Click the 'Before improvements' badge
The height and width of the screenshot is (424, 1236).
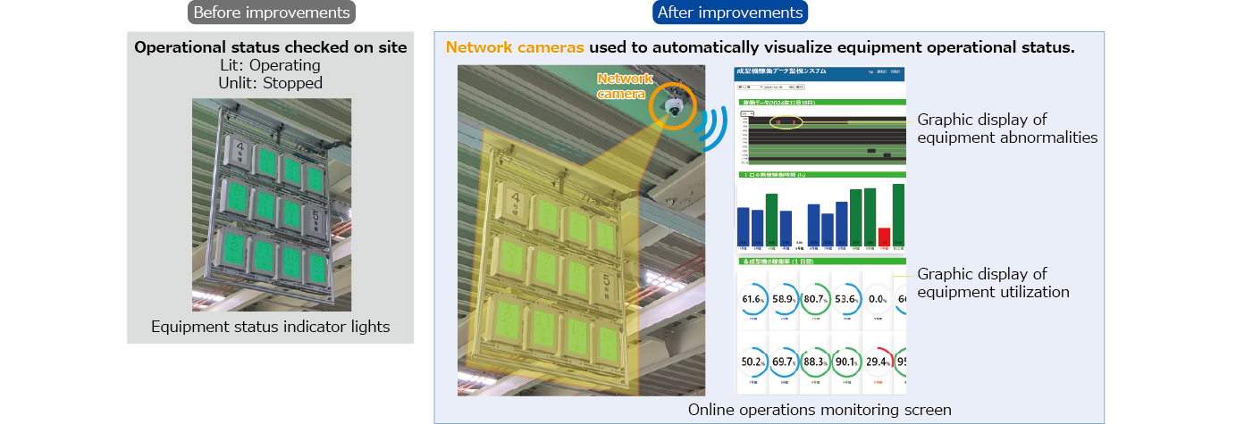pos(271,12)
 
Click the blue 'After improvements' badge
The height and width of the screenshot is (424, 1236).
pos(730,12)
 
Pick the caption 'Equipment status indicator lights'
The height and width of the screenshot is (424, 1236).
pos(271,327)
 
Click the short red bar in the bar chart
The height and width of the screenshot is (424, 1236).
pos(884,236)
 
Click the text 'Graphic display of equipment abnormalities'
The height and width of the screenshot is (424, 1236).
pos(1007,129)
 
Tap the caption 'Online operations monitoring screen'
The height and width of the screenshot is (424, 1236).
pos(820,410)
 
